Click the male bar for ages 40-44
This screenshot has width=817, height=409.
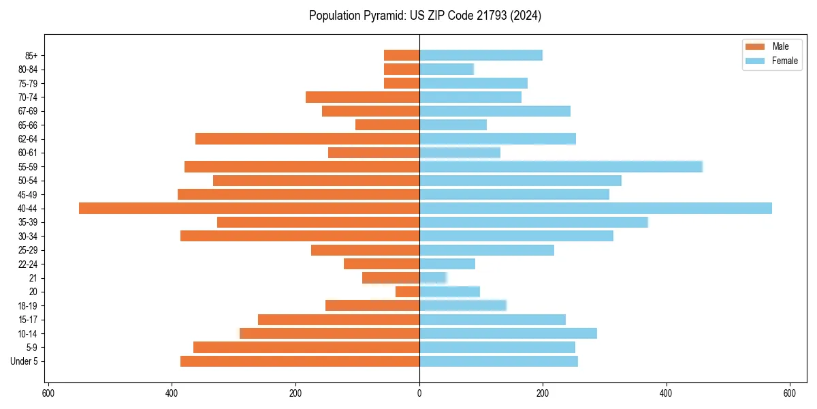pos(249,208)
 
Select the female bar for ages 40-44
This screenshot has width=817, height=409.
pos(596,208)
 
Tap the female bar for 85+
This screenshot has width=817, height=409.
pos(481,55)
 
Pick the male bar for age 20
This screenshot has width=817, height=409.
pos(407,292)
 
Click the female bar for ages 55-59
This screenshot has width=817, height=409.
pos(560,166)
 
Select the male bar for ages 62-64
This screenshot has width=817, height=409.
pos(307,138)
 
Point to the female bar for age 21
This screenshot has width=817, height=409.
pos(432,277)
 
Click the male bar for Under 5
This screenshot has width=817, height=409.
pos(300,361)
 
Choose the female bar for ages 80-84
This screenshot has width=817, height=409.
pos(446,69)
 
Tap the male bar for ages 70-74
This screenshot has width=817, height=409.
pos(362,97)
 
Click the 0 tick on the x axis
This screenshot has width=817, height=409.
pos(419,393)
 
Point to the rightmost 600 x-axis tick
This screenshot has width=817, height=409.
pos(790,393)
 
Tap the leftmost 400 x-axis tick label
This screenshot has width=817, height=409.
pos(172,393)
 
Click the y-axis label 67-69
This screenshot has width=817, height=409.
pos(28,111)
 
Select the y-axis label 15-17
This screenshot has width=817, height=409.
pos(28,320)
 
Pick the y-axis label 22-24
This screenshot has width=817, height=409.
pos(28,264)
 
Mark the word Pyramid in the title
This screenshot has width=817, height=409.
pos(382,16)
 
